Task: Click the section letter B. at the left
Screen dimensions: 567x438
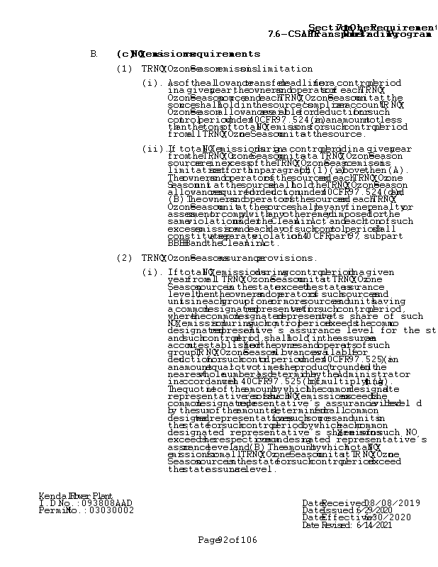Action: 94,55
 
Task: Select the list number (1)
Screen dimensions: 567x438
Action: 124,69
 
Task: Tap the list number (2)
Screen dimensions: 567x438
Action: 124,258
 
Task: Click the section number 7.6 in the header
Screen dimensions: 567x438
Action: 276,34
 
